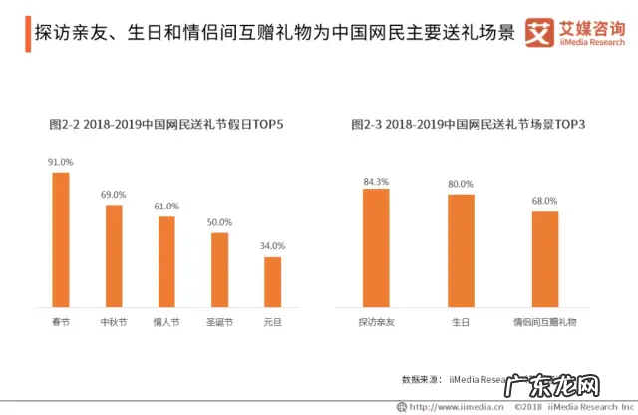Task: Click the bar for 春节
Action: point(61,240)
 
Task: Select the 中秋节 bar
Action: point(114,256)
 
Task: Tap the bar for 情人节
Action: point(166,262)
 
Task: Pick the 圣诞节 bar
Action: point(219,270)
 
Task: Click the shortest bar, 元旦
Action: point(272,282)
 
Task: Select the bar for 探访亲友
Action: point(376,248)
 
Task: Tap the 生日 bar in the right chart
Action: point(460,251)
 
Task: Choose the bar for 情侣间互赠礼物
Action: point(544,259)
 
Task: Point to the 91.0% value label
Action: point(61,161)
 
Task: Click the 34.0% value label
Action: point(272,245)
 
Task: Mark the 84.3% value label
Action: point(376,180)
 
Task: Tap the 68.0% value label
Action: point(544,201)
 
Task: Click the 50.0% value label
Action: point(219,222)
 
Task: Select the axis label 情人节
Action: point(166,323)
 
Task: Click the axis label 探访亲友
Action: point(376,323)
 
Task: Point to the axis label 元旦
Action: point(272,323)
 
